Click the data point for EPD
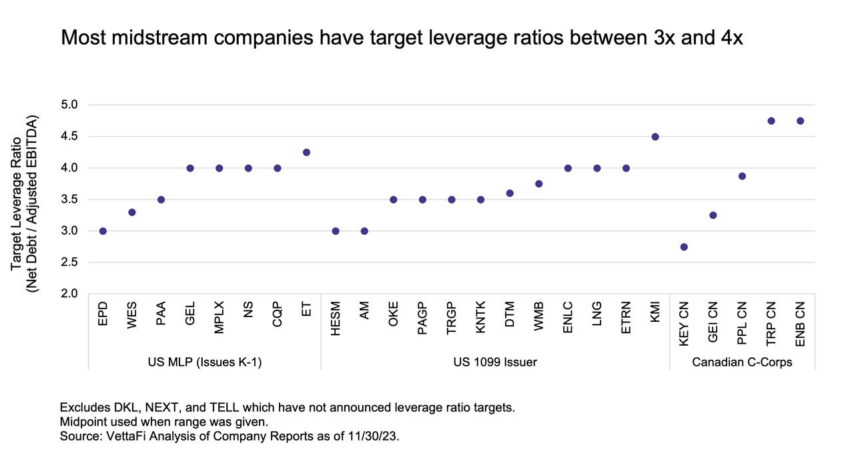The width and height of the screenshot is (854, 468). pyautogui.click(x=103, y=231)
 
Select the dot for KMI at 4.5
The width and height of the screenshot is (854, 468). pyautogui.click(x=655, y=137)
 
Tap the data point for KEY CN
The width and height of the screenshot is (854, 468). pyautogui.click(x=684, y=247)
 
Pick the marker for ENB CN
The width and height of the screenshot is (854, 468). pyautogui.click(x=800, y=121)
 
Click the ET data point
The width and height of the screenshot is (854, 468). pyautogui.click(x=306, y=152)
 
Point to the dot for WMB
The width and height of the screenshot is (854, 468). pyautogui.click(x=538, y=184)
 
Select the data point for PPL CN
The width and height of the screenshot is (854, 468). pyautogui.click(x=742, y=176)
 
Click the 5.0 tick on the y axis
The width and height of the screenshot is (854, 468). pyautogui.click(x=69, y=105)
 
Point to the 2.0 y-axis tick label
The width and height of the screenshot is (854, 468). pyautogui.click(x=69, y=294)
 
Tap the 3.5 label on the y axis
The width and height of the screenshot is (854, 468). pyautogui.click(x=69, y=200)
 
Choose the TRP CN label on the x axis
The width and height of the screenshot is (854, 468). pyautogui.click(x=771, y=323)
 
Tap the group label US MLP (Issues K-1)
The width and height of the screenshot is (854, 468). pyautogui.click(x=205, y=362)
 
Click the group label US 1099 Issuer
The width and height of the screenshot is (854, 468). pyautogui.click(x=495, y=362)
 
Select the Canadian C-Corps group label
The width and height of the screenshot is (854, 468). pyautogui.click(x=742, y=362)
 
